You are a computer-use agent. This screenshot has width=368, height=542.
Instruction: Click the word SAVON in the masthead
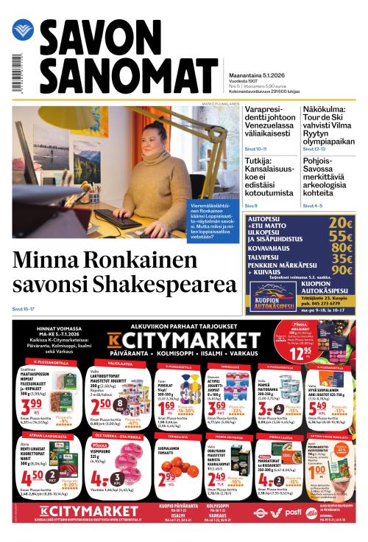pyautogui.click(x=96, y=40)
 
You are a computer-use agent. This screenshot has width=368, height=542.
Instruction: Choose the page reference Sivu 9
pyautogui.click(x=252, y=206)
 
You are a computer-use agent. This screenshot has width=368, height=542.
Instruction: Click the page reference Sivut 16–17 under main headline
pyautogui.click(x=24, y=310)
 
